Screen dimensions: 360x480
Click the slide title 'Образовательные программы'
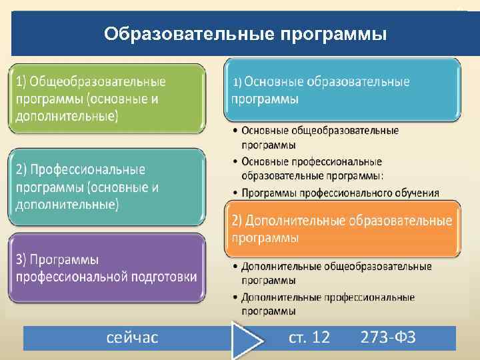coord(245,33)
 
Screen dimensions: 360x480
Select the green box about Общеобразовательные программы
coord(107,99)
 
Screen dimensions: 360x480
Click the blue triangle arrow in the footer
coord(247,340)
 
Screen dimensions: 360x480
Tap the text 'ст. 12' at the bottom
coord(309,337)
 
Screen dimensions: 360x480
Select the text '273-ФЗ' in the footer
coord(388,337)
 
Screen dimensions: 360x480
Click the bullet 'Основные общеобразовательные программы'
coord(320,137)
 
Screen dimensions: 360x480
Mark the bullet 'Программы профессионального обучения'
coord(340,193)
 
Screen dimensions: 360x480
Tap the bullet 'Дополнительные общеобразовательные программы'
coord(337,272)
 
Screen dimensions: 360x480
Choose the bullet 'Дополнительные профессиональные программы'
coord(327,303)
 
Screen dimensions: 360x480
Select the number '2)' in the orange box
coord(237,221)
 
